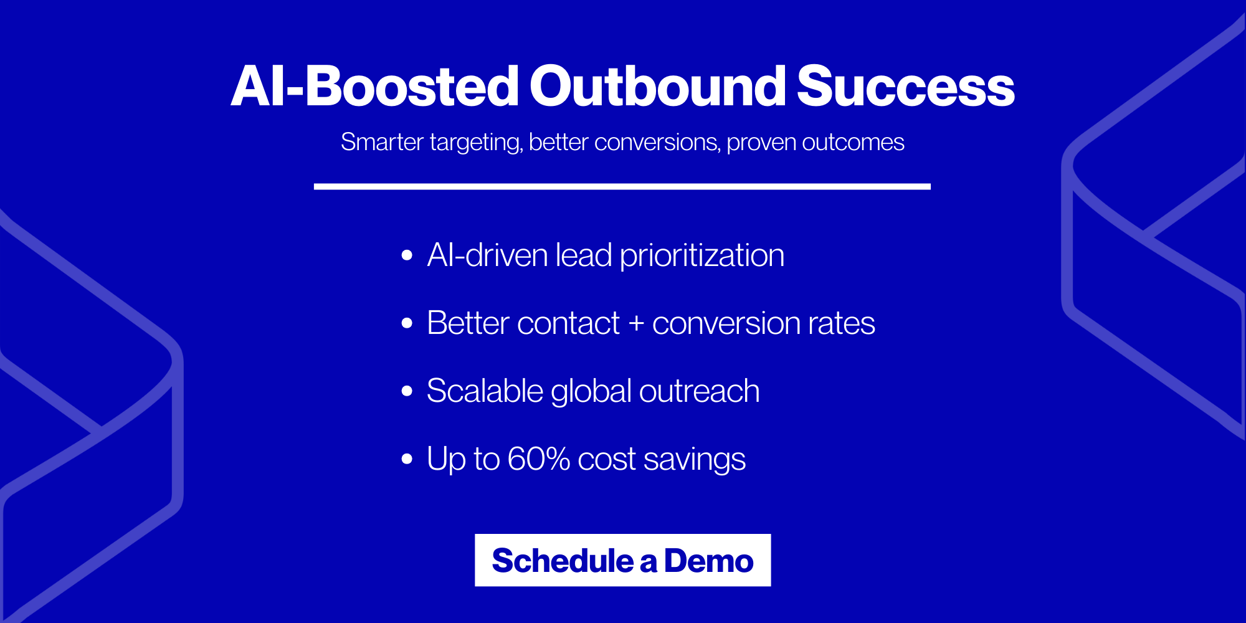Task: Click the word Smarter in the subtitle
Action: (382, 142)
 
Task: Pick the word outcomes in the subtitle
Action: (853, 142)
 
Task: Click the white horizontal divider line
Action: (622, 186)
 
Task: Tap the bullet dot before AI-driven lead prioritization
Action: (407, 255)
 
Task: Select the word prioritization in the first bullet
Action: (702, 255)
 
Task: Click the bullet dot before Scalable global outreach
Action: (407, 391)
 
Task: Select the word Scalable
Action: (485, 391)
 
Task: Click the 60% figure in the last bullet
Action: (538, 459)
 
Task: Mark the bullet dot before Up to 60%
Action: (407, 459)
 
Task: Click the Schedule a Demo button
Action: (622, 560)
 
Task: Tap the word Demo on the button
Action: (708, 560)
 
